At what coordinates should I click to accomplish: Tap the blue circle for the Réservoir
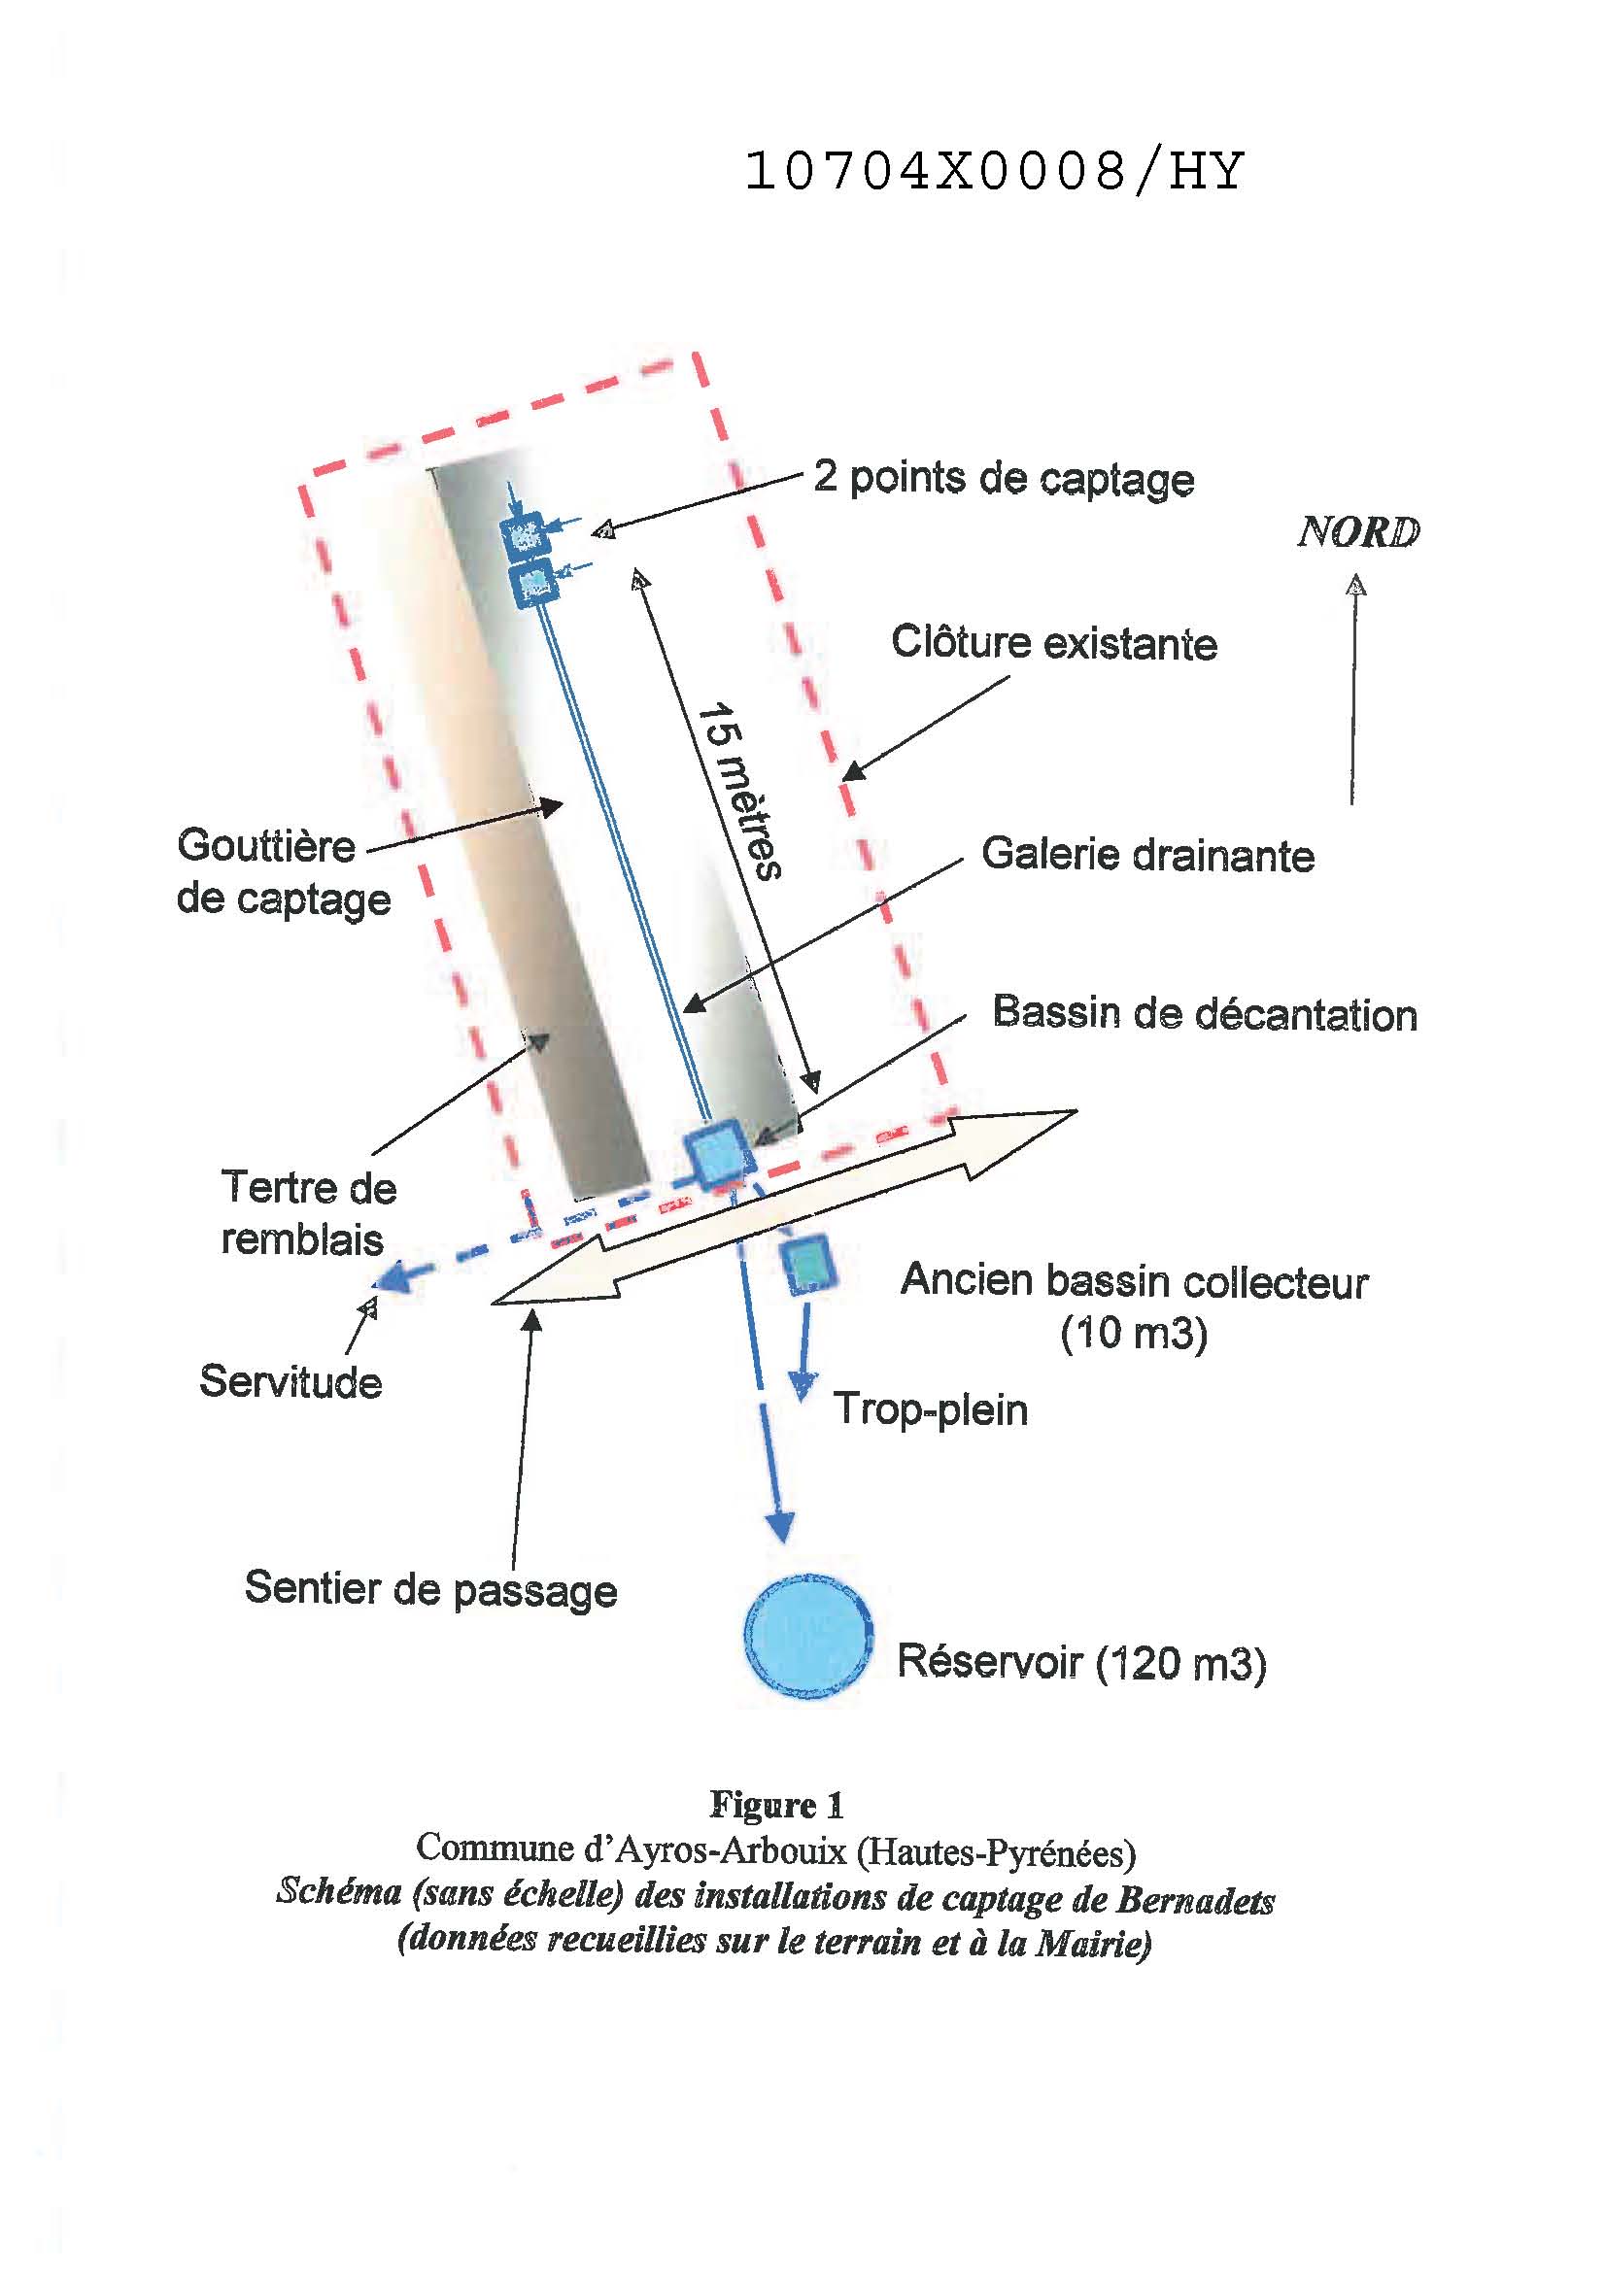[807, 1635]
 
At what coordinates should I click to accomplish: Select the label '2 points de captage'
[1004, 478]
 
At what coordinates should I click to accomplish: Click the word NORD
[1357, 532]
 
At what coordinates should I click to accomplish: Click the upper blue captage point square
[525, 535]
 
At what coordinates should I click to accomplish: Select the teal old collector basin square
[807, 1265]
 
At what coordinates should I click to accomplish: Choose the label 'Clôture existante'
[1054, 643]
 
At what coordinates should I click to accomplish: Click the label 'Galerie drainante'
[1147, 855]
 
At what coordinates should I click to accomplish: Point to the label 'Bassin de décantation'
[1204, 1013]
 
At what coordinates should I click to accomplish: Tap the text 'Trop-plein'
[930, 1408]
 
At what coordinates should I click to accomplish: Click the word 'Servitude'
[290, 1381]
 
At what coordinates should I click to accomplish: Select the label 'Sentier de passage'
[430, 1589]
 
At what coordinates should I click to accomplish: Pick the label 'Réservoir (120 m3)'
[1080, 1661]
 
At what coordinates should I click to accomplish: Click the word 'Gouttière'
[266, 846]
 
